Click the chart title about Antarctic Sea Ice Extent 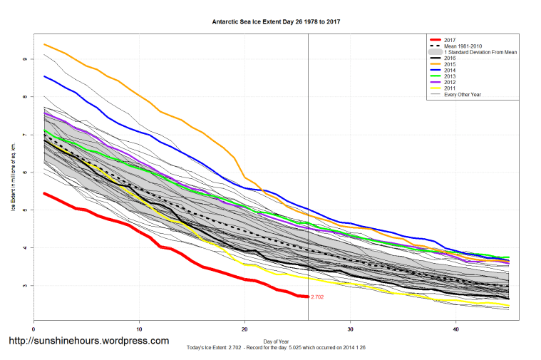[276, 22]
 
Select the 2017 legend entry [450, 39]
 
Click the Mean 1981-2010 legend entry [463, 46]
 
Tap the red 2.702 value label [317, 297]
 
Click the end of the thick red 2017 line [307, 297]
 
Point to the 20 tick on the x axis [244, 329]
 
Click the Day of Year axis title [276, 339]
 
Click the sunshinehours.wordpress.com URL [88, 341]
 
